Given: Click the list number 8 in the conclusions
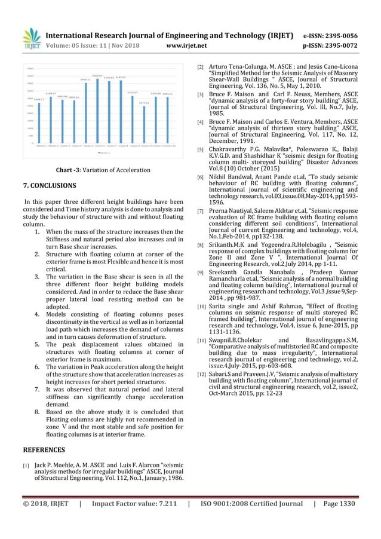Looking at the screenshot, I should pyautogui.click(x=38, y=412).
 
